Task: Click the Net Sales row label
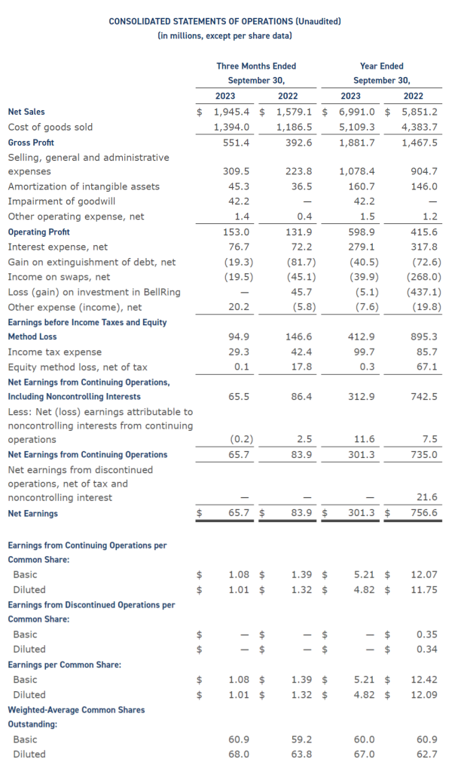click(26, 112)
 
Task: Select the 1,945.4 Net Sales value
click(232, 112)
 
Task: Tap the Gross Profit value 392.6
click(298, 143)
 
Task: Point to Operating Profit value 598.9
click(361, 232)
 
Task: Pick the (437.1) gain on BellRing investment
click(423, 292)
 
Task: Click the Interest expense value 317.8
click(424, 247)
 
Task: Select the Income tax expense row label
click(55, 352)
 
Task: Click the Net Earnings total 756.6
click(424, 513)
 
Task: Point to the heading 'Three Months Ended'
click(256, 66)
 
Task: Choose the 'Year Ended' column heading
click(381, 66)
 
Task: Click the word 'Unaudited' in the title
click(318, 21)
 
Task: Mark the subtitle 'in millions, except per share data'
click(225, 35)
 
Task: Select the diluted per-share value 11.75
click(424, 590)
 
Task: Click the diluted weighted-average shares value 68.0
click(240, 754)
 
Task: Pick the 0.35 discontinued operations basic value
click(427, 634)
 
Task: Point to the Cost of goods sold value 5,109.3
click(356, 127)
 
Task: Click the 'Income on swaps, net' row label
click(60, 277)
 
